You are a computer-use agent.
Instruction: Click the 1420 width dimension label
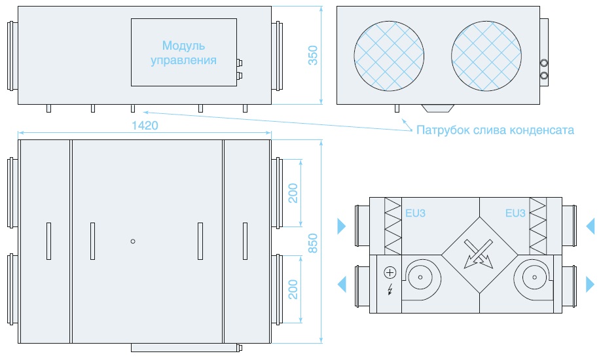click(x=145, y=126)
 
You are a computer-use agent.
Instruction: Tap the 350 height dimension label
click(x=313, y=55)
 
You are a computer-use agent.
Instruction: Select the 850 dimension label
click(x=313, y=243)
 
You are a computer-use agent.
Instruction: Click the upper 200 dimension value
click(x=293, y=193)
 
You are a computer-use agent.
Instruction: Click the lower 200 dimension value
click(x=293, y=289)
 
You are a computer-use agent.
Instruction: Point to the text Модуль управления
click(x=183, y=53)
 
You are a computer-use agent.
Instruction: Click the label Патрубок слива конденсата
click(x=495, y=130)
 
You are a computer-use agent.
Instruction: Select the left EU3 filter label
click(x=416, y=213)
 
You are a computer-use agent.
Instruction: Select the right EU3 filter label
click(x=515, y=213)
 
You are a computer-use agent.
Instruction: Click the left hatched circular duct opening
click(x=389, y=56)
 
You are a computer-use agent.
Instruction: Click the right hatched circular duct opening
click(x=486, y=56)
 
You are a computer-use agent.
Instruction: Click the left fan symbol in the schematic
click(x=420, y=277)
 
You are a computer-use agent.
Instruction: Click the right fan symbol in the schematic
click(x=534, y=277)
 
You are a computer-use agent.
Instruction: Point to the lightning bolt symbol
click(x=390, y=289)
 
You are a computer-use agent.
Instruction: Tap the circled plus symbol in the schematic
click(x=390, y=273)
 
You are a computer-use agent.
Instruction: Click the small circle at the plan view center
click(x=133, y=241)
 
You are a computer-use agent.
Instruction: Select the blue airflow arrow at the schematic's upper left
click(x=342, y=226)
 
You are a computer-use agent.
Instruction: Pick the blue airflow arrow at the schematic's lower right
click(x=591, y=285)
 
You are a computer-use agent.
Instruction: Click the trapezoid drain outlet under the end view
click(x=438, y=108)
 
